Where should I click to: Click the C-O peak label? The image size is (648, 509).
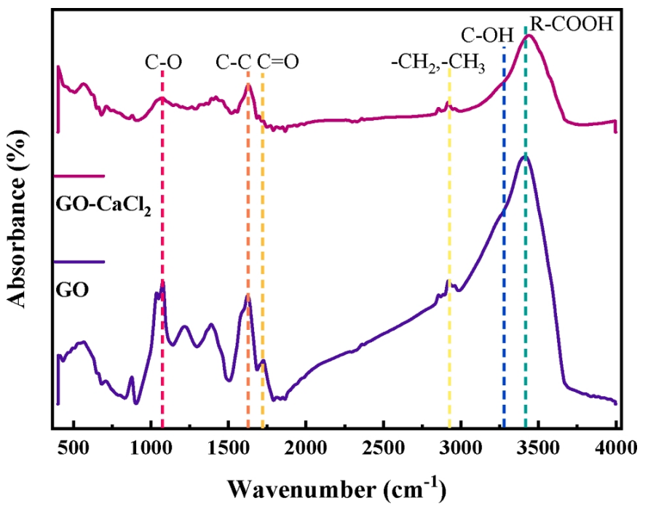(x=163, y=63)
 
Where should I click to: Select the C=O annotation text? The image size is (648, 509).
(x=278, y=63)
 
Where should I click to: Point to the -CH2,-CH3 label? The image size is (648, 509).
(x=438, y=64)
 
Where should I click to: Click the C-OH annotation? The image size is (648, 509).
(x=484, y=35)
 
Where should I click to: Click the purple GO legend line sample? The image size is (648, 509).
(x=80, y=261)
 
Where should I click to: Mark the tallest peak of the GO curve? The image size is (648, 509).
(x=525, y=157)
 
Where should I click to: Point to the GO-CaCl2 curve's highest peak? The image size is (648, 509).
(x=529, y=35)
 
